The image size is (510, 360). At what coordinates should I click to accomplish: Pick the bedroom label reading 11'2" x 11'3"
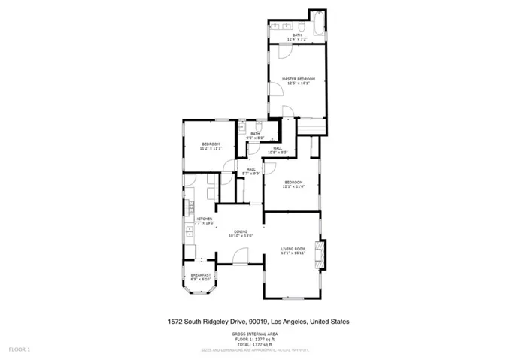pyautogui.click(x=210, y=146)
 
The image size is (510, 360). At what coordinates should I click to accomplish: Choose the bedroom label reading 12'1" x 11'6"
pyautogui.click(x=293, y=184)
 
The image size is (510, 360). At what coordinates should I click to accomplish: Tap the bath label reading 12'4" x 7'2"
pyautogui.click(x=297, y=36)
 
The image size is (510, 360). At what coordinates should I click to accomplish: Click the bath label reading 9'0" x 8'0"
pyautogui.click(x=255, y=136)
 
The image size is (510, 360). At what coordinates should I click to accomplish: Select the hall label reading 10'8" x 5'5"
pyautogui.click(x=278, y=150)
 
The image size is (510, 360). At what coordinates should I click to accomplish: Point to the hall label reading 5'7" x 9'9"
pyautogui.click(x=251, y=171)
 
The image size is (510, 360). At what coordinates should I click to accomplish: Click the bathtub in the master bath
pyautogui.click(x=317, y=23)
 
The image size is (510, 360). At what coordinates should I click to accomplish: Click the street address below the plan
pyautogui.click(x=258, y=321)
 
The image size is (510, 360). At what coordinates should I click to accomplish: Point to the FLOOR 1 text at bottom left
pyautogui.click(x=19, y=349)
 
